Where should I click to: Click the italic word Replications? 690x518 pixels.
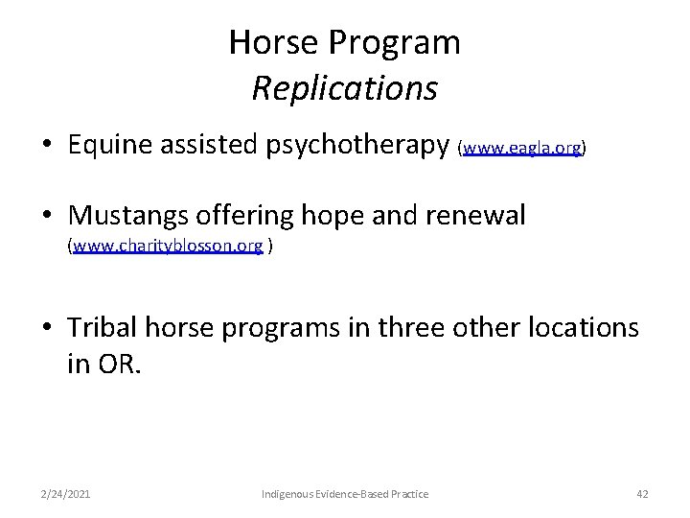tap(345, 88)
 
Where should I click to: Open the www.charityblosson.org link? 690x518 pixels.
tap(168, 246)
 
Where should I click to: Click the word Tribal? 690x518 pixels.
tap(103, 327)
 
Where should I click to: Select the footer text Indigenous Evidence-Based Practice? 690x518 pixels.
tap(345, 493)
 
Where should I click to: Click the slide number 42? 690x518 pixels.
tap(642, 493)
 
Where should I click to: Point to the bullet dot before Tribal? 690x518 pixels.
tap(46, 329)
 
